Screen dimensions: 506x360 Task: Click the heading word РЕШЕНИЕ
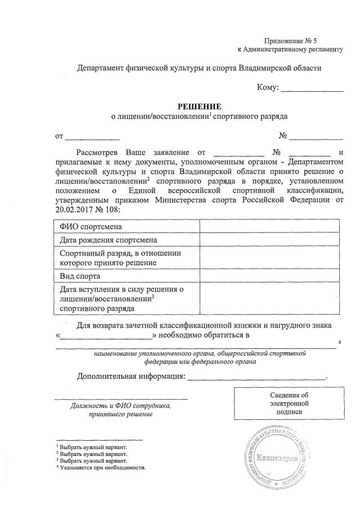(199, 106)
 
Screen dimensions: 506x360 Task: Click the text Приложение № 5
(291, 41)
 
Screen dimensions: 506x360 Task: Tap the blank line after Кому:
(312, 90)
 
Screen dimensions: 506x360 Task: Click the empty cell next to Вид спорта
(269, 276)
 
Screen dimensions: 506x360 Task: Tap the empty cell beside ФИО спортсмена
(269, 226)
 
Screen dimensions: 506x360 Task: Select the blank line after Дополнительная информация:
(256, 377)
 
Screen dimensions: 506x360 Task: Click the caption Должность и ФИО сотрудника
(120, 406)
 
